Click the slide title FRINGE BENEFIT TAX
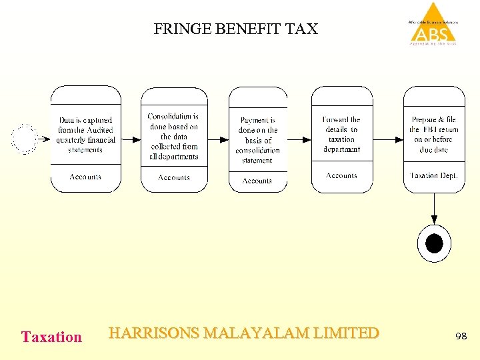click(236, 29)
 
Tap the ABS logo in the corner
click(434, 25)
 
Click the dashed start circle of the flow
click(25, 139)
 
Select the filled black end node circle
click(434, 243)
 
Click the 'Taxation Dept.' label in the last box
click(433, 175)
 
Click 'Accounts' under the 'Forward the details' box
click(341, 175)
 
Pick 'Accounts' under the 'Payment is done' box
click(257, 181)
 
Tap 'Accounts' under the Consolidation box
click(173, 177)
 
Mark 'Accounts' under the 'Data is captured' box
click(85, 177)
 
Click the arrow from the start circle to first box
click(43, 139)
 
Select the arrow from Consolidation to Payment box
click(218, 139)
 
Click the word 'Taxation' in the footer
click(51, 337)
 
